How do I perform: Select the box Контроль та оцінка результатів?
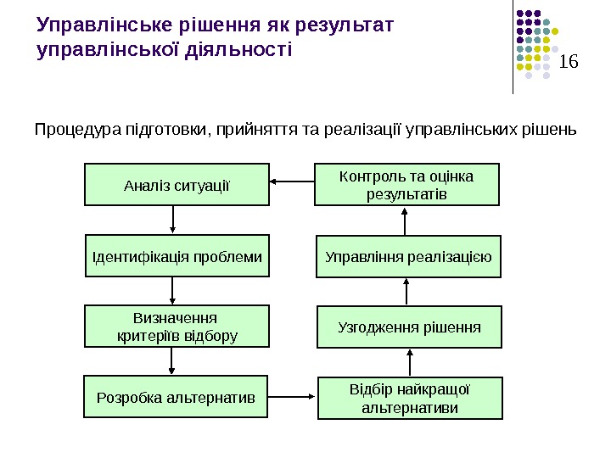click(407, 185)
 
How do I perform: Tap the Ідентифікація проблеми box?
click(177, 256)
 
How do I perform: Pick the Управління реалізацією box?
click(409, 256)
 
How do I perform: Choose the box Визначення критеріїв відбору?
click(177, 327)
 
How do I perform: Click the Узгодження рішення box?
click(410, 327)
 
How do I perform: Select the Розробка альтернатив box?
click(177, 396)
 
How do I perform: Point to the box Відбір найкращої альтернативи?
click(410, 398)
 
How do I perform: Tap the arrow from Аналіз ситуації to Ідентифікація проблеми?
click(173, 221)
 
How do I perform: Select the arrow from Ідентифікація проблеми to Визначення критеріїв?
click(173, 291)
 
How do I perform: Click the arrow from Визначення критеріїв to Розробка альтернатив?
click(173, 360)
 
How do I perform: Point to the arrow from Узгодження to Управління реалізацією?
click(408, 292)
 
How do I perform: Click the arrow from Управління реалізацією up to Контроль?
click(406, 221)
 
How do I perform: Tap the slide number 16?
click(569, 62)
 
